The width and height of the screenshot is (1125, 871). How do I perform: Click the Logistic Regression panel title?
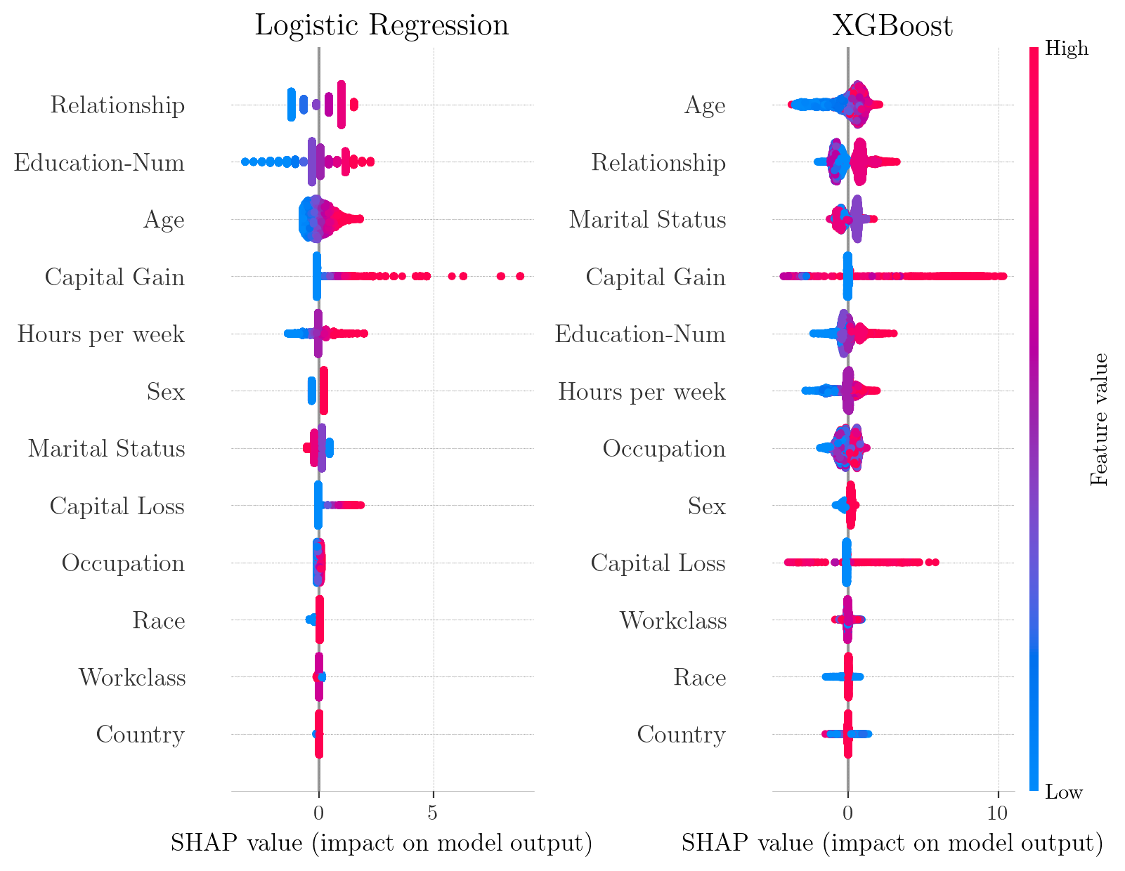[381, 25]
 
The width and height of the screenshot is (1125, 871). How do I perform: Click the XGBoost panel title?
[892, 26]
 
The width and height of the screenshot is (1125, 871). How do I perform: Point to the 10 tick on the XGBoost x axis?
[997, 812]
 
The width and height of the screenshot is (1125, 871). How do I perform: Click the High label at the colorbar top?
[1067, 48]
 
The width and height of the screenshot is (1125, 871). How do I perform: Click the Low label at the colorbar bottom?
[1064, 792]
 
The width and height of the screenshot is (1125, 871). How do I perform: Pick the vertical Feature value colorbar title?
[1099, 419]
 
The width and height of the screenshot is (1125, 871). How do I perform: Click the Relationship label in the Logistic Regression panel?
[117, 105]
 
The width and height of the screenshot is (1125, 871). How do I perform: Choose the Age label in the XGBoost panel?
[705, 105]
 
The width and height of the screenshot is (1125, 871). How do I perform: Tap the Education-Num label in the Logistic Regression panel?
[99, 163]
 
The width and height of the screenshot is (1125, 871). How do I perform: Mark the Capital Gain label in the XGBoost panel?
[656, 277]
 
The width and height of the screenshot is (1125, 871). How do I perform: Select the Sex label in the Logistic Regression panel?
[166, 391]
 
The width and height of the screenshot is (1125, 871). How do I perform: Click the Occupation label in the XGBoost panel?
[664, 448]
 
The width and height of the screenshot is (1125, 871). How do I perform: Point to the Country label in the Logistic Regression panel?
[140, 735]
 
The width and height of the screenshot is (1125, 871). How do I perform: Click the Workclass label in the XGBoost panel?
[672, 620]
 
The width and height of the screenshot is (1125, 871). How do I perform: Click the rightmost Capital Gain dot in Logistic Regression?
[520, 276]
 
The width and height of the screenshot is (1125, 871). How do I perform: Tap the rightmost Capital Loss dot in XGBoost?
[935, 562]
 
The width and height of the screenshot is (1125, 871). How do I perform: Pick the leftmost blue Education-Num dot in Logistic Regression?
[245, 162]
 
